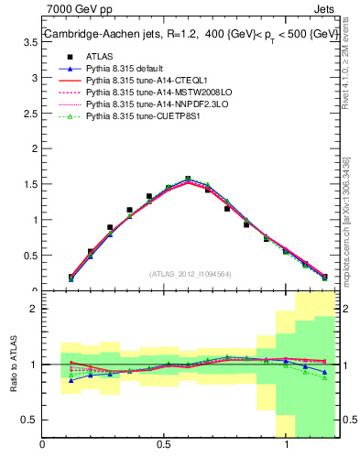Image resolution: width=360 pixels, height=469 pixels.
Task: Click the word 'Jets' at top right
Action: tap(326, 9)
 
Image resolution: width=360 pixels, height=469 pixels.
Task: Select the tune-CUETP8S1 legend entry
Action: tap(137, 117)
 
